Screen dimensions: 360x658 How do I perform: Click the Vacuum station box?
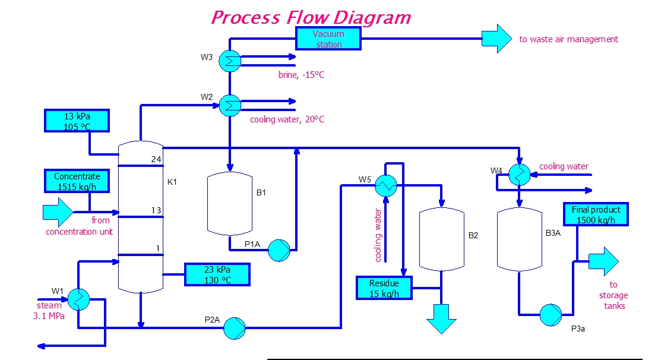coord(328,39)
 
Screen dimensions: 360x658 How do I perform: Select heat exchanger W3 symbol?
coord(229,61)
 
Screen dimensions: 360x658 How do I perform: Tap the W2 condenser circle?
coord(229,105)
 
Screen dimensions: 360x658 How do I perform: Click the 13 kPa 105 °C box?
coord(77,121)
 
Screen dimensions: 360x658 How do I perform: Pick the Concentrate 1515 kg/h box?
coord(77,181)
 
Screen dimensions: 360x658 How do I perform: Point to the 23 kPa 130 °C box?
coord(217,274)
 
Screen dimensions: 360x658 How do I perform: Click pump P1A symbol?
coord(278,250)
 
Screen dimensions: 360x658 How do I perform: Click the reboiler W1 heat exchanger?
coord(78,299)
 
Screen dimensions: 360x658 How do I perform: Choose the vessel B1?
coord(229,204)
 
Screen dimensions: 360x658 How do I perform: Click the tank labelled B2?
coord(441,239)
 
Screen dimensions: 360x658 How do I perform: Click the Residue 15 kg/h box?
coord(384,288)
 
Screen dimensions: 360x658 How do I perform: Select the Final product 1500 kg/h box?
coord(596,214)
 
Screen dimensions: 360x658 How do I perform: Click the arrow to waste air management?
coord(496,39)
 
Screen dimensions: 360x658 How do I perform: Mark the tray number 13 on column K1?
coord(156,210)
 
